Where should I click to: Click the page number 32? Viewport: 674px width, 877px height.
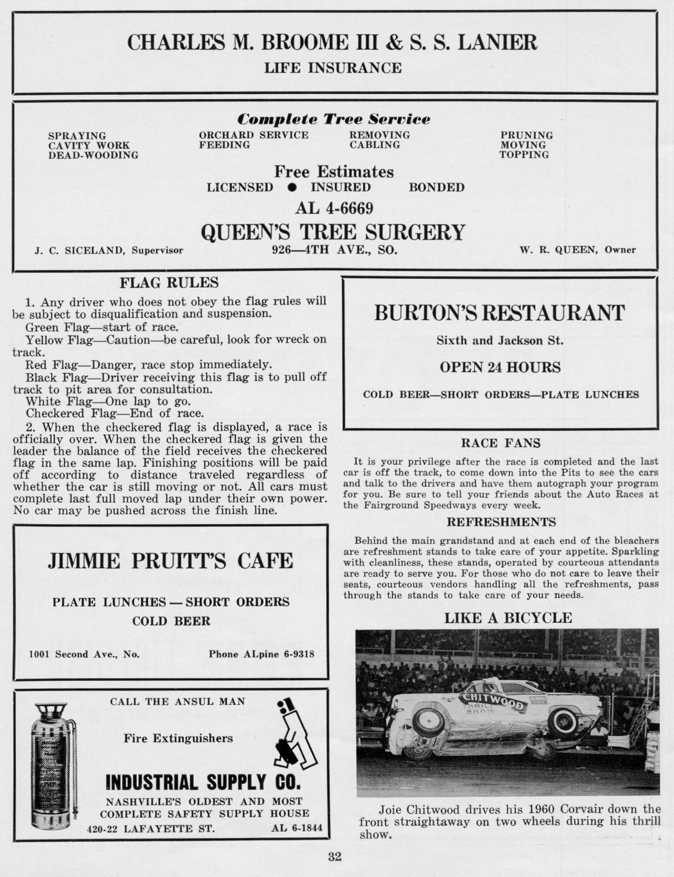point(335,857)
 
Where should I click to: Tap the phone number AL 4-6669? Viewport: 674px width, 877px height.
point(334,208)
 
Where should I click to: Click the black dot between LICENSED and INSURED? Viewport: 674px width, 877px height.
point(292,187)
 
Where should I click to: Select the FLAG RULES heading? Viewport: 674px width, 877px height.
point(169,283)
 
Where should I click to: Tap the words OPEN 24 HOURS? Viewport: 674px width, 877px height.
point(500,367)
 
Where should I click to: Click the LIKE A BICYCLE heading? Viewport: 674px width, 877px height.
point(508,618)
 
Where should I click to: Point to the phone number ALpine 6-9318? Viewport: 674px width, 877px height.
point(262,654)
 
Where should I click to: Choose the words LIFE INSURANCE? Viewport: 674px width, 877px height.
point(333,68)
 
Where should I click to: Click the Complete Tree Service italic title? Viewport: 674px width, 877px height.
point(333,119)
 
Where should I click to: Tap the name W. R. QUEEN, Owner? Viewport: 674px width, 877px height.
point(577,250)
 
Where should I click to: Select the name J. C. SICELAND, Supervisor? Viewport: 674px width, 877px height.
point(108,250)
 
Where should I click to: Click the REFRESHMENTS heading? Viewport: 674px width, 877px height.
point(501,521)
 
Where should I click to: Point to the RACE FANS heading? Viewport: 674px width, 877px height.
point(501,443)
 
